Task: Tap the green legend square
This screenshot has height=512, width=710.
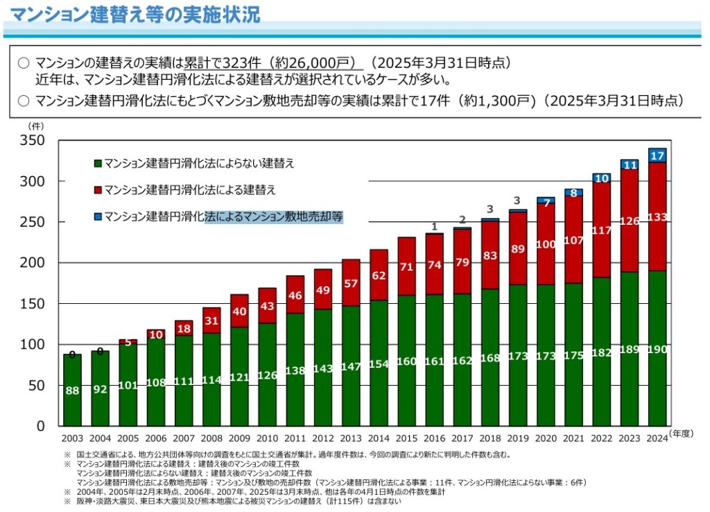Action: coord(98,164)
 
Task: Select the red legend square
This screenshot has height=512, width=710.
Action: coord(98,189)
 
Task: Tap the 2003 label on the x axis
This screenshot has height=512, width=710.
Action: coord(72,438)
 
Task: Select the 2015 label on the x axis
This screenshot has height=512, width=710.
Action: coord(406,438)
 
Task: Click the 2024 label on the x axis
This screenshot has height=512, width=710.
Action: coord(657,438)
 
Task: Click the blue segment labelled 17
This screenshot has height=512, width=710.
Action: coord(657,155)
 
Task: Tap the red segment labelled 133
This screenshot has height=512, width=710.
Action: coord(657,216)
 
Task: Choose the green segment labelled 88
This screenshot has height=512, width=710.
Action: coord(72,391)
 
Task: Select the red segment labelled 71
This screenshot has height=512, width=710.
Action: coord(406,266)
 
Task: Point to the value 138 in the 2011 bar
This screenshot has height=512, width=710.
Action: coord(295,370)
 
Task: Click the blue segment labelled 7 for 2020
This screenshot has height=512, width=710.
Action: coord(546,201)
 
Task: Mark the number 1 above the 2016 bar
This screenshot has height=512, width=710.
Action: coord(434,226)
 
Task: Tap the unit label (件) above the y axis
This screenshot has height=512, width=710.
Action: coord(35,126)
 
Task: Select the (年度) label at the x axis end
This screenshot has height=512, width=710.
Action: coord(682,433)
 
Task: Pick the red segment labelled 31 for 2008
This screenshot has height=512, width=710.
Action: coord(211,321)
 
